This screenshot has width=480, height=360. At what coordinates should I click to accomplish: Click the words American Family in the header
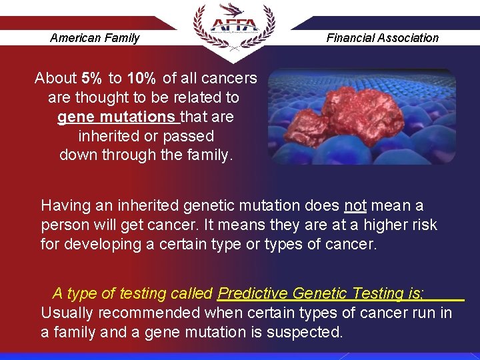point(95,38)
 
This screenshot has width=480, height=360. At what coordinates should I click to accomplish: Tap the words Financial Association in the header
point(382,38)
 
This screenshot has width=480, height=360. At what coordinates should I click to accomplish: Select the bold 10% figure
point(142,78)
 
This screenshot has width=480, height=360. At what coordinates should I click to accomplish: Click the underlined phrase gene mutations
point(117,117)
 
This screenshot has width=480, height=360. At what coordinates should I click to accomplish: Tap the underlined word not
point(355,205)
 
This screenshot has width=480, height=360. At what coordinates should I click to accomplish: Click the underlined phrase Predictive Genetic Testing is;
point(321,293)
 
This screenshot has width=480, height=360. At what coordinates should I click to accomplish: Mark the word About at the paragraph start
point(55,78)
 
